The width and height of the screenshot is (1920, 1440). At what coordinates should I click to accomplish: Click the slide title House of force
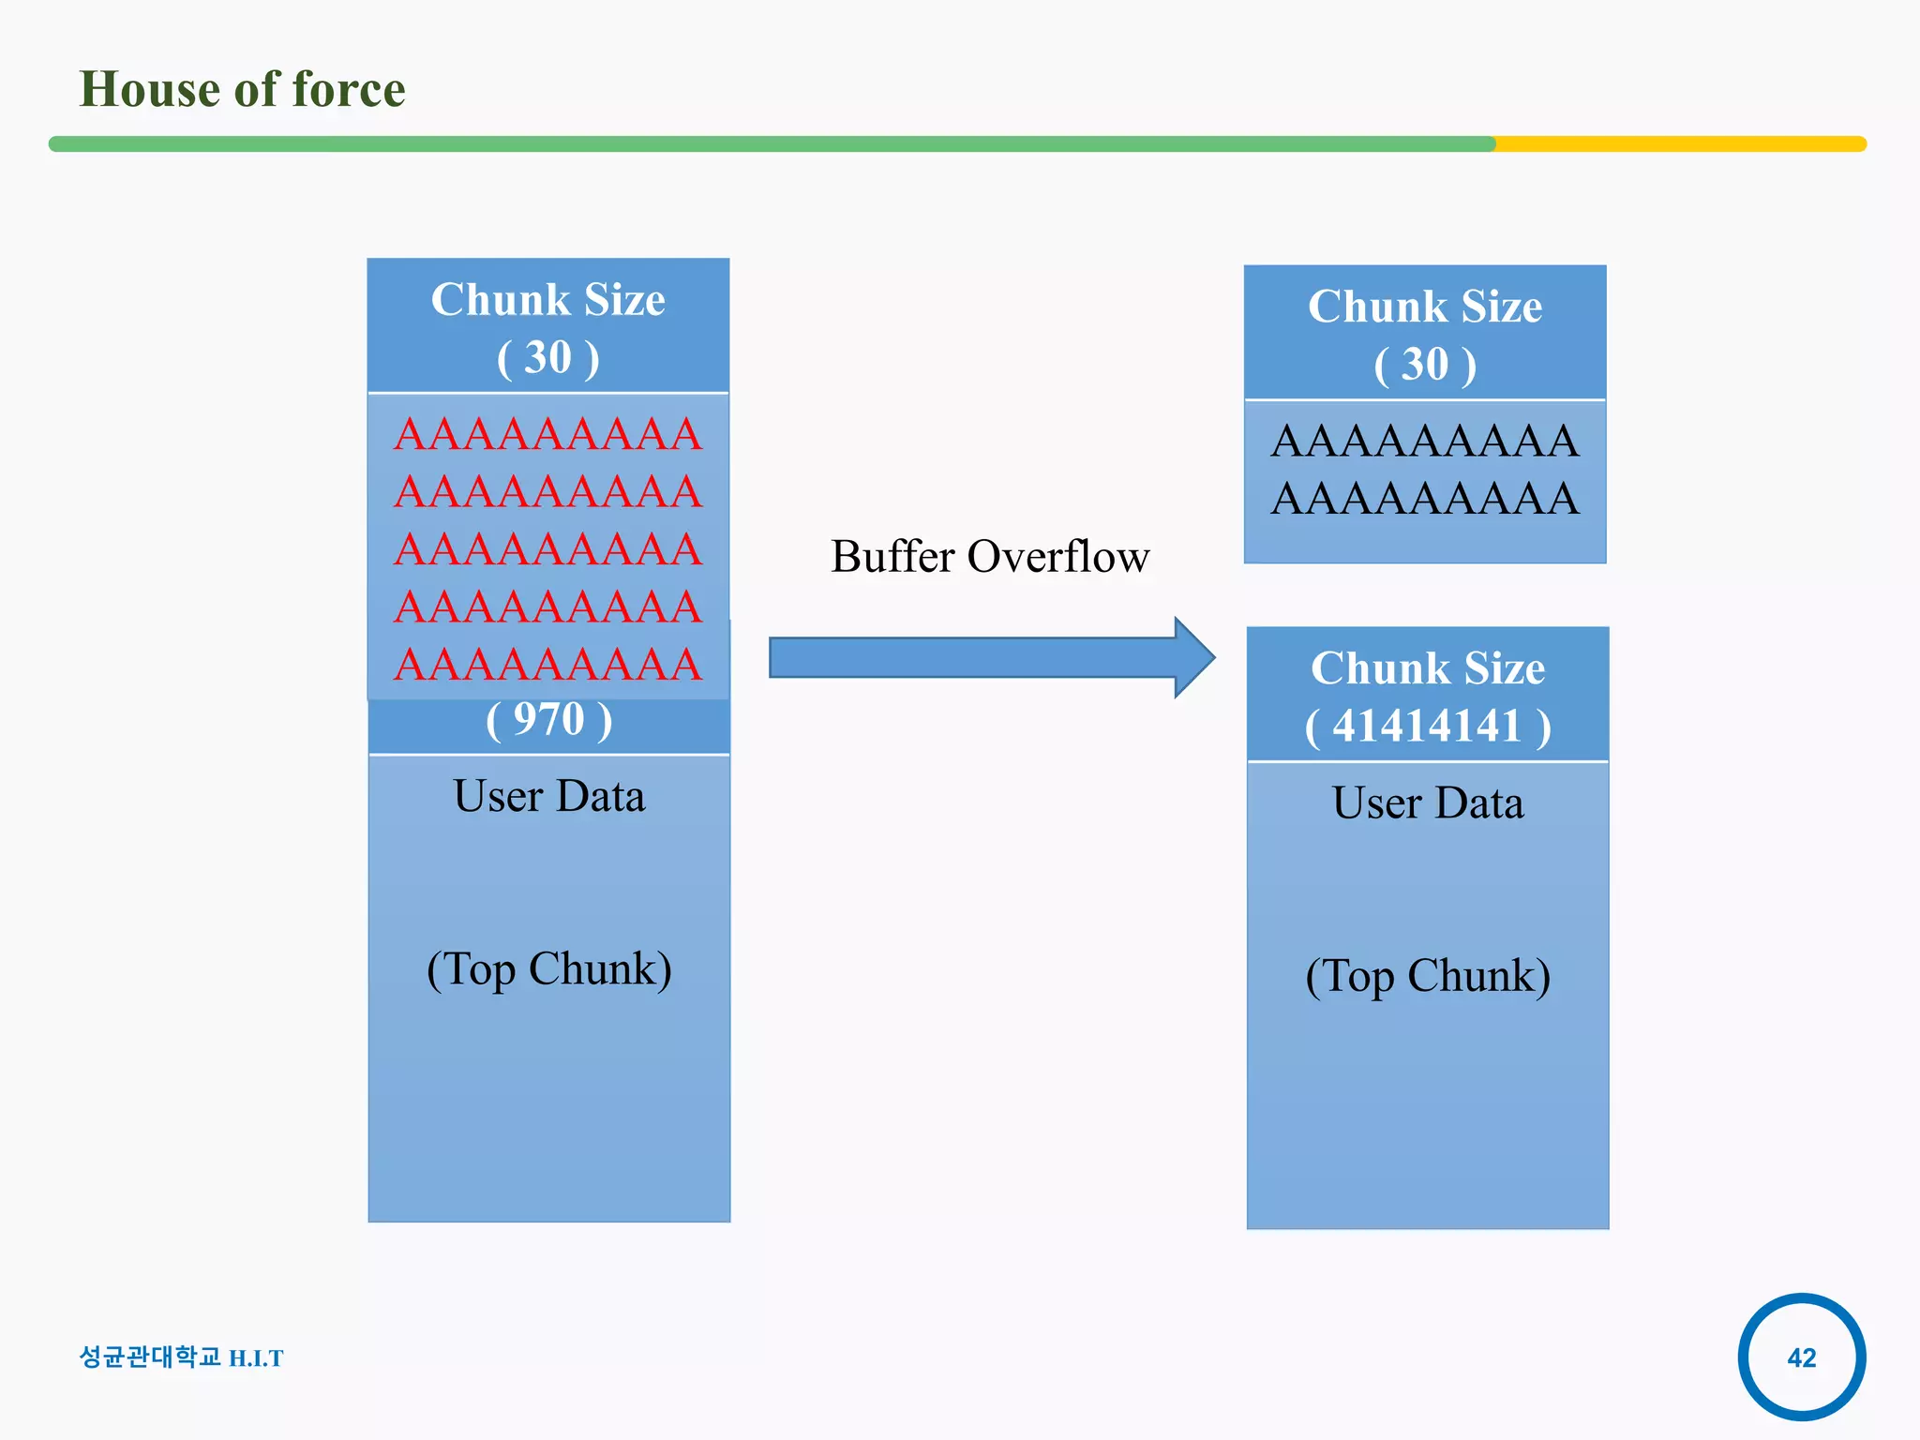pyautogui.click(x=242, y=90)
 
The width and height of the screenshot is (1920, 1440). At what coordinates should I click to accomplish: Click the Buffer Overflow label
pyautogui.click(x=990, y=557)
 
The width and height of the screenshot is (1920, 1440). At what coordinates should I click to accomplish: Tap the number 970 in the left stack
pyautogui.click(x=549, y=720)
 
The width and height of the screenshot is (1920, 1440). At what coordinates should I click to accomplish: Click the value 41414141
pyautogui.click(x=1427, y=727)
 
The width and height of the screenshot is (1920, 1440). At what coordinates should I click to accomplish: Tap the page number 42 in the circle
pyautogui.click(x=1801, y=1357)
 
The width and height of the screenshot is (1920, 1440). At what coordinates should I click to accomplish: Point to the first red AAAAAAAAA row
pyautogui.click(x=548, y=435)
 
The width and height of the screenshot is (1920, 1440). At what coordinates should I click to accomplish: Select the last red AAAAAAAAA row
pyautogui.click(x=548, y=665)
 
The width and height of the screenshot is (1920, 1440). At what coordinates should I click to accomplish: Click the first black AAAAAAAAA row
pyautogui.click(x=1425, y=442)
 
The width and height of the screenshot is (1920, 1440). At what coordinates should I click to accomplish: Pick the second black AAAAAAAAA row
pyautogui.click(x=1425, y=499)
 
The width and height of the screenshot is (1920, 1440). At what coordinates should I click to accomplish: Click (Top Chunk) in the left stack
pyautogui.click(x=549, y=969)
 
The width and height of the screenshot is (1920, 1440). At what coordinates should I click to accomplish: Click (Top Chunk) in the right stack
pyautogui.click(x=1427, y=976)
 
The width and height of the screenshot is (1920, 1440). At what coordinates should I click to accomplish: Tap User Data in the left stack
pyautogui.click(x=549, y=797)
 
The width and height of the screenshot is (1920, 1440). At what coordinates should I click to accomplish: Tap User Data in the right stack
pyautogui.click(x=1427, y=803)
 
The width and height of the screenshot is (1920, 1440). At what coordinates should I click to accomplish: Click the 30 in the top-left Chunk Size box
pyautogui.click(x=548, y=358)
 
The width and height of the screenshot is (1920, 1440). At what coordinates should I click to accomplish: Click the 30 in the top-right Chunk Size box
pyautogui.click(x=1425, y=365)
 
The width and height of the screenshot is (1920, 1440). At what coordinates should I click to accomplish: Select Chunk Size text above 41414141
pyautogui.click(x=1427, y=668)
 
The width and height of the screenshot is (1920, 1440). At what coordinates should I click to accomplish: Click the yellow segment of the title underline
pyautogui.click(x=1678, y=144)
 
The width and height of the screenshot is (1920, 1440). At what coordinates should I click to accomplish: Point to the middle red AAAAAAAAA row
pyautogui.click(x=548, y=549)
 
